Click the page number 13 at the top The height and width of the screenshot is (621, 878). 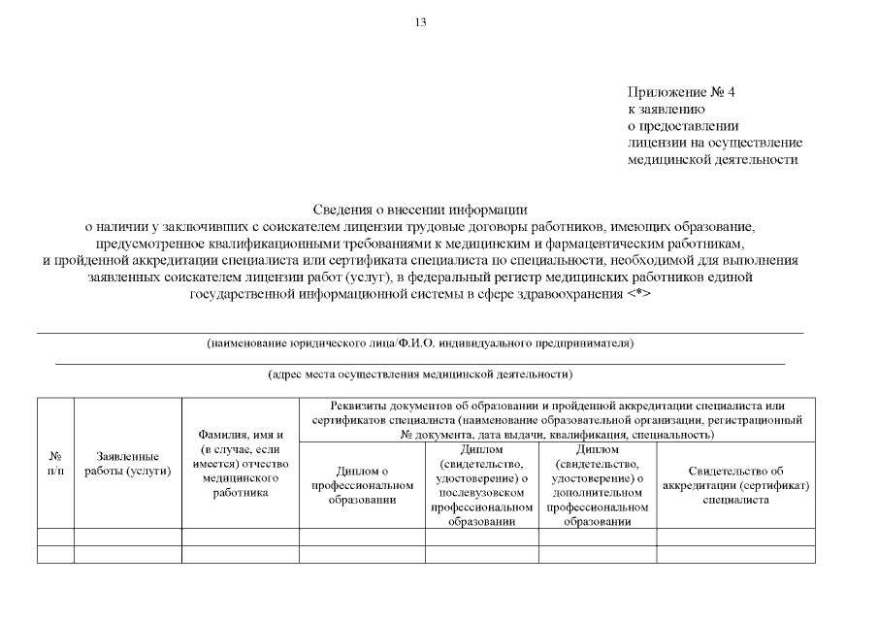pos(420,21)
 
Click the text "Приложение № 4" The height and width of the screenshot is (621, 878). pos(681,92)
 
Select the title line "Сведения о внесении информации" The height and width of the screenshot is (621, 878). pos(420,209)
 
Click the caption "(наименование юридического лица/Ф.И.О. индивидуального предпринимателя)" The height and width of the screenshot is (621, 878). pos(420,343)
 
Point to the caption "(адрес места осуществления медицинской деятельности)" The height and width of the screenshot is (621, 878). pos(420,374)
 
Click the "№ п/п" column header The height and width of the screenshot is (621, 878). pos(55,463)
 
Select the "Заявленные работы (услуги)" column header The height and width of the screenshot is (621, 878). pos(128,463)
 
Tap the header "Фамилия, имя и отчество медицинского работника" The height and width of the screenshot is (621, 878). pos(241,463)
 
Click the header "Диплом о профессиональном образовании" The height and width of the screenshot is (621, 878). pos(362,485)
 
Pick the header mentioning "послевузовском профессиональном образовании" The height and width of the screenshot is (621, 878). pos(482,485)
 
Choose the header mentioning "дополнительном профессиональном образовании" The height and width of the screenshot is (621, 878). pos(598,485)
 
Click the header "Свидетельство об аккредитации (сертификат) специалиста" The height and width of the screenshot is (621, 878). pos(735,485)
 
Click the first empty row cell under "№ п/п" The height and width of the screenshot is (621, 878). pos(55,537)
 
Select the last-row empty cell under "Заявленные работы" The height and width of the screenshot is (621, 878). pos(128,554)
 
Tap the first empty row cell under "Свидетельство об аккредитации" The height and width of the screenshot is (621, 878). pos(735,537)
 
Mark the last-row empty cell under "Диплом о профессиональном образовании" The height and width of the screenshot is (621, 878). pos(362,554)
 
